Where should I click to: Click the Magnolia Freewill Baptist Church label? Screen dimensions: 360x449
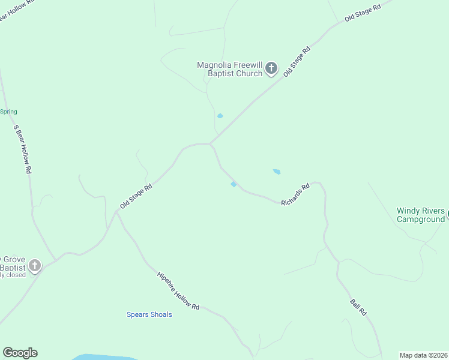(230, 69)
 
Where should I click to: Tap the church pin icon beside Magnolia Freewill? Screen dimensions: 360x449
(271, 68)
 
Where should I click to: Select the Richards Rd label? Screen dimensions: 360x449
(296, 194)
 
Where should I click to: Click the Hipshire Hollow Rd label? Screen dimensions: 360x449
(178, 291)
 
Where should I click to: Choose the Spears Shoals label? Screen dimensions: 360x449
(149, 314)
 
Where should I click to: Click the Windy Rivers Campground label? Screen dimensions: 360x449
(421, 215)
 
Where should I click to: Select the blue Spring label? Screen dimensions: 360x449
(8, 112)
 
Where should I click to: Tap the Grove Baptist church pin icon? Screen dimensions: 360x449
(35, 265)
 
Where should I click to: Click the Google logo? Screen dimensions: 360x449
(20, 353)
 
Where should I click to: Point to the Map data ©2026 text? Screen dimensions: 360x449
(423, 355)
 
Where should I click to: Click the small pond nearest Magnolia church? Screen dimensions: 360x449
(220, 116)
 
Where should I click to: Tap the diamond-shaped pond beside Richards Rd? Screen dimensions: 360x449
(234, 184)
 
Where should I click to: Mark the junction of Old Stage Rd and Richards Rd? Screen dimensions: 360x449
(210, 144)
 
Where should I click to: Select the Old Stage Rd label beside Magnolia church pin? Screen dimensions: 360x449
(297, 61)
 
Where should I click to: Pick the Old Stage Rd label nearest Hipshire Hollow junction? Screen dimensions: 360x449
(136, 196)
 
